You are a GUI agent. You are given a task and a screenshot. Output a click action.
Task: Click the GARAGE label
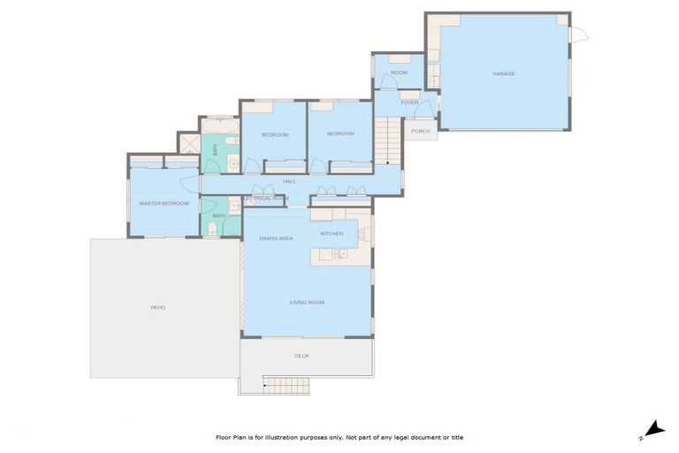(x=504, y=73)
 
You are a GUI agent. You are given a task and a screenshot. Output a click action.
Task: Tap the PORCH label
(x=421, y=131)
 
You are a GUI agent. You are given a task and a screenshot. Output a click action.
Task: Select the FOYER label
(x=409, y=103)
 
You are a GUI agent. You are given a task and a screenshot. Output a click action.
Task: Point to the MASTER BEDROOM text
(x=164, y=203)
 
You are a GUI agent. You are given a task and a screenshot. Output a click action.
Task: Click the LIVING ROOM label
(x=307, y=303)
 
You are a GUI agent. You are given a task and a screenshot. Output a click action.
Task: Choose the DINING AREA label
(x=276, y=239)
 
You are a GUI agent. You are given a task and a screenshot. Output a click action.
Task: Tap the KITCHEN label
(x=332, y=234)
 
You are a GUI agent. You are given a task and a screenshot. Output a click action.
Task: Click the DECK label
(x=301, y=356)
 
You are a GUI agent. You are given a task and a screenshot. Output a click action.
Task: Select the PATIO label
(x=158, y=307)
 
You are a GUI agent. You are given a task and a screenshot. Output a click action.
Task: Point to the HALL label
(x=289, y=181)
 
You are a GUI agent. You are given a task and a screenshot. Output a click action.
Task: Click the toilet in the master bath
(x=212, y=230)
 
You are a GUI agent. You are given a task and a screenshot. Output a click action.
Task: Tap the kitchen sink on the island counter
(x=340, y=255)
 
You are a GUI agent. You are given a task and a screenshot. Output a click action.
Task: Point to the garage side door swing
(x=578, y=35)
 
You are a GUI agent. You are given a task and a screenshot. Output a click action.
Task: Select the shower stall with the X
(x=188, y=143)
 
